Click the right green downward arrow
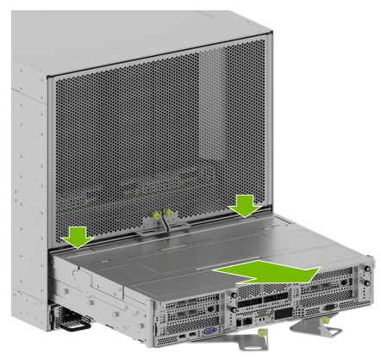(x=246, y=206)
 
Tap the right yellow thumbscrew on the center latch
(x=170, y=211)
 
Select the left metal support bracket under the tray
(x=259, y=342)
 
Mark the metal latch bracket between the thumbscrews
(x=163, y=224)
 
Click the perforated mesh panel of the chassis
(x=121, y=129)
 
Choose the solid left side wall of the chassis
(x=22, y=172)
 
